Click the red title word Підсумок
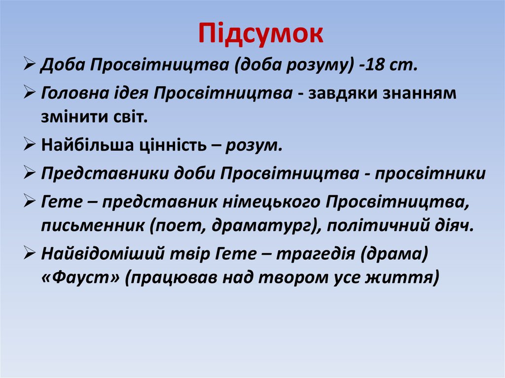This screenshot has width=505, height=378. click(261, 34)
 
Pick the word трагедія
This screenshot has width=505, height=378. click(317, 254)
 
